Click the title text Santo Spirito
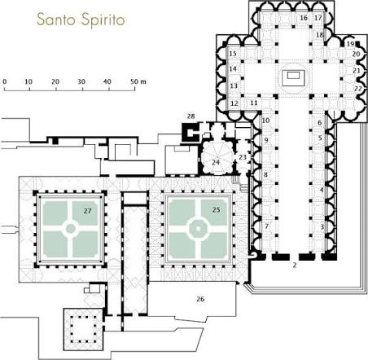[x=81, y=20]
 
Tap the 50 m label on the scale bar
[x=138, y=81]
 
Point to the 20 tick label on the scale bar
[x=55, y=81]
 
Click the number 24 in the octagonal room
[x=216, y=162]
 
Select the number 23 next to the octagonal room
[x=243, y=157]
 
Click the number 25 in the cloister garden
[x=216, y=209]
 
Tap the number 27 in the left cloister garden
[x=87, y=211]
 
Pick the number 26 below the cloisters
[x=200, y=299]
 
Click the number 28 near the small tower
[x=191, y=116]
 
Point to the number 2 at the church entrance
[x=295, y=265]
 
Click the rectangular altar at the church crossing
[x=293, y=76]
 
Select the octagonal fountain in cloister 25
[x=198, y=229]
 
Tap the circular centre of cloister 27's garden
[x=70, y=229]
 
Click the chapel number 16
[x=304, y=18]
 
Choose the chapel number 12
[x=234, y=103]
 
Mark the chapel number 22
[x=358, y=89]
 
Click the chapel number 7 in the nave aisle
[x=267, y=226]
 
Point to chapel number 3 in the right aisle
[x=322, y=226]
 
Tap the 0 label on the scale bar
[x=5, y=81]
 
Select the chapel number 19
[x=350, y=44]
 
